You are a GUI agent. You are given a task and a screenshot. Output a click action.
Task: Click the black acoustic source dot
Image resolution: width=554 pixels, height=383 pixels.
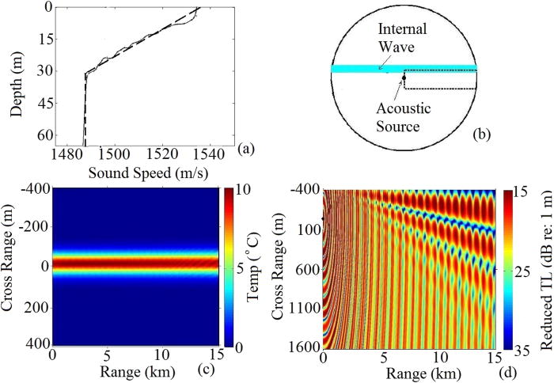point(404,77)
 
